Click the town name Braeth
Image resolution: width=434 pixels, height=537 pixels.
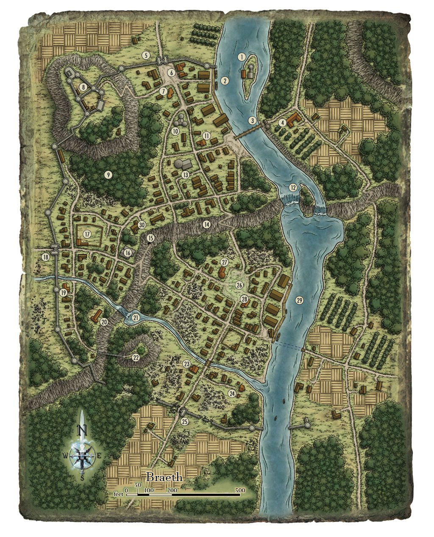click(164, 477)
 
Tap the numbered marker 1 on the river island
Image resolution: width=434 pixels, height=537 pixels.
click(242, 56)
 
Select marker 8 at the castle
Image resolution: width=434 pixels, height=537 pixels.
click(83, 87)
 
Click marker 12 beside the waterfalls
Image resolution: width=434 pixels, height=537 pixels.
click(293, 187)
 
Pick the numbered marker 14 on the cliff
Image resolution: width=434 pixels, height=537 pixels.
click(206, 224)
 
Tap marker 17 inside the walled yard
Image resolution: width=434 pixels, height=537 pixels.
click(87, 234)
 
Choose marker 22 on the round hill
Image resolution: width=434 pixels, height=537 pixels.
click(136, 357)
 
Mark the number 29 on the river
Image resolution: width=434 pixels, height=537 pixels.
click(300, 300)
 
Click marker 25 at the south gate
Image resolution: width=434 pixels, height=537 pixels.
click(184, 421)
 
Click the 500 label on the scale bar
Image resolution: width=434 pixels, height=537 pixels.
click(240, 490)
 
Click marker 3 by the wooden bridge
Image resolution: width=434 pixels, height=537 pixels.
click(253, 120)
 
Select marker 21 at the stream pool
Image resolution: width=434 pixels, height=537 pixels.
click(136, 317)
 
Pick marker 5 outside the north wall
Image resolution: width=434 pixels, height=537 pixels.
click(146, 55)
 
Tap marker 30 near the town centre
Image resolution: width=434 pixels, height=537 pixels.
click(142, 225)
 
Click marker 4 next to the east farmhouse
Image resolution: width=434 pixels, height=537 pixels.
click(282, 123)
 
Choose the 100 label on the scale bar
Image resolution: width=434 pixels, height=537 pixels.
click(149, 490)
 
